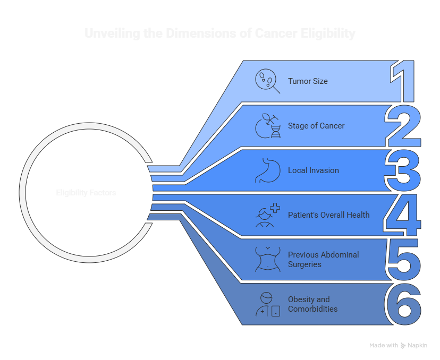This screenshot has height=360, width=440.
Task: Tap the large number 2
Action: (x=404, y=126)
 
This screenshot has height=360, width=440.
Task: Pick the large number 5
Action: (x=403, y=260)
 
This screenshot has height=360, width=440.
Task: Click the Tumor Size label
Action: (x=308, y=81)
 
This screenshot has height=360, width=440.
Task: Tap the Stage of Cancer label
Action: (x=316, y=126)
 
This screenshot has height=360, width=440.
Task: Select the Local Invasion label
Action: (x=313, y=170)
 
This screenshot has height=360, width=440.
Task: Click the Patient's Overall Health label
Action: (x=328, y=215)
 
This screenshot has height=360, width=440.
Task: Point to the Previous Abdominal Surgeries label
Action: (x=323, y=260)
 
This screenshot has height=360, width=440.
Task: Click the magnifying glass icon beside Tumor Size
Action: (x=267, y=81)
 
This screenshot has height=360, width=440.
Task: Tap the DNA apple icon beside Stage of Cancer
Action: (x=268, y=126)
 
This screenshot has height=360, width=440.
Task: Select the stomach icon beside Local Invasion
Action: (x=267, y=170)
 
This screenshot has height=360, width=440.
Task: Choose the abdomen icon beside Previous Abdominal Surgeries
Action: (x=267, y=260)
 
